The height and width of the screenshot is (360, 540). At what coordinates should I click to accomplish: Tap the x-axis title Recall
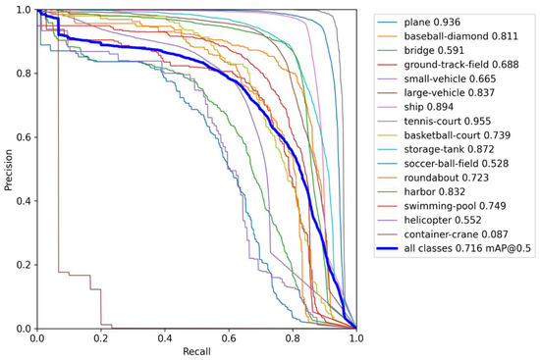196,351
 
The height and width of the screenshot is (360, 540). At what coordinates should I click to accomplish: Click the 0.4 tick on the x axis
164,336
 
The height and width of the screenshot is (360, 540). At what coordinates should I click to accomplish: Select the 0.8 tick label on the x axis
292,336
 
